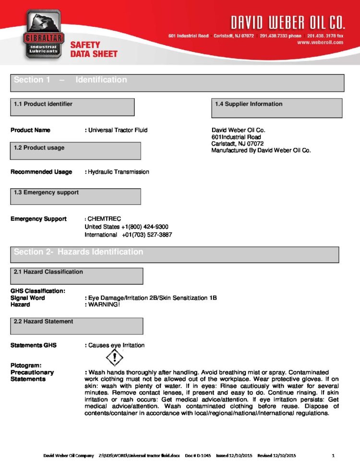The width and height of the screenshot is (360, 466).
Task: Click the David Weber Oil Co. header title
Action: (288, 22)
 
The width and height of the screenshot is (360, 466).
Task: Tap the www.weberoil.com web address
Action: (320, 42)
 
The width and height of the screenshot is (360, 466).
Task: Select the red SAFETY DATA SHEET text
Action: (94, 49)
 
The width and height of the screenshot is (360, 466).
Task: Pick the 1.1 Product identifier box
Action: (72, 107)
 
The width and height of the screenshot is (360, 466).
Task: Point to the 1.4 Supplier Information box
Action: (276, 108)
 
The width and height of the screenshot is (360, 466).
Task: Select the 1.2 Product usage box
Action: (75, 151)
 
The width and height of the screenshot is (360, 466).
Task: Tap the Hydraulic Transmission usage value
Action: (118, 172)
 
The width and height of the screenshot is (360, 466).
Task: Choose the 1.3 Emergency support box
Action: (75, 196)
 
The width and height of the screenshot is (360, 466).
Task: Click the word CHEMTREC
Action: (104, 219)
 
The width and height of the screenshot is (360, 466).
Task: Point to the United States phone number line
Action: (126, 227)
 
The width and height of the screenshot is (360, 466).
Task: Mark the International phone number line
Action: (128, 235)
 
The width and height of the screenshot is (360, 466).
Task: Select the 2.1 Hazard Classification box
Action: (77, 275)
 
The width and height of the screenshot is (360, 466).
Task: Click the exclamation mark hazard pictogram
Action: (114, 358)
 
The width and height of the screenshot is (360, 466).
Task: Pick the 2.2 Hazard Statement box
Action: (77, 326)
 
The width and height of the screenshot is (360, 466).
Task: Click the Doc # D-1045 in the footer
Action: (198, 455)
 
